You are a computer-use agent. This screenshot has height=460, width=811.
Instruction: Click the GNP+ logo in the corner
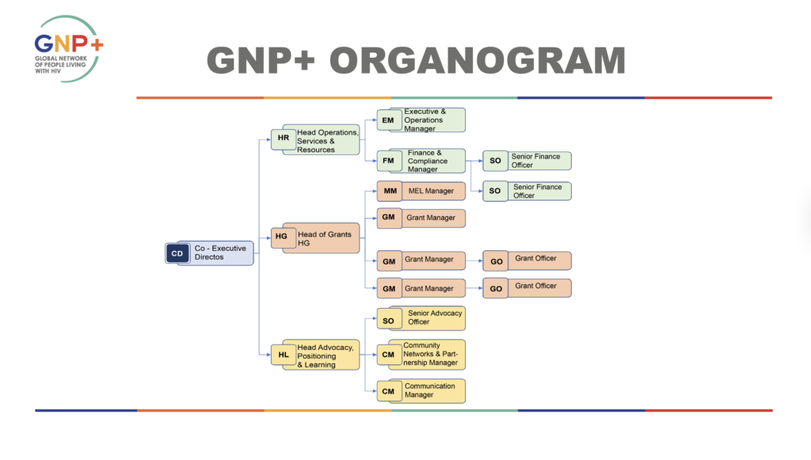click(x=68, y=48)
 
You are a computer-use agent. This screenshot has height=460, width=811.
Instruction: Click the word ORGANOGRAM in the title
click(x=478, y=62)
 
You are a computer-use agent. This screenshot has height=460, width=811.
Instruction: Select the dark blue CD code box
click(x=177, y=253)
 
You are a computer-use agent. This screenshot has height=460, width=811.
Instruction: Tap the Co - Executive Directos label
click(x=220, y=253)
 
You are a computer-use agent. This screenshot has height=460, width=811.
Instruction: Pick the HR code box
click(x=283, y=138)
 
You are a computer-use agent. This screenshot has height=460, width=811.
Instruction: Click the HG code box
click(x=281, y=236)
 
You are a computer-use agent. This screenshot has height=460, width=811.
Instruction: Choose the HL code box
click(x=283, y=355)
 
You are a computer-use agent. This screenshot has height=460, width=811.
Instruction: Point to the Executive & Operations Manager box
click(x=431, y=120)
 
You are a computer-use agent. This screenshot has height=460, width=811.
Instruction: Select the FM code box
click(x=388, y=161)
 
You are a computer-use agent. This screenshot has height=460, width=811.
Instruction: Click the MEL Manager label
click(x=431, y=191)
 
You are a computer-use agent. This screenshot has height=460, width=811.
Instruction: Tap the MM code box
click(x=390, y=191)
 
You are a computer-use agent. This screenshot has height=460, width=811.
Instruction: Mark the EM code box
click(x=387, y=120)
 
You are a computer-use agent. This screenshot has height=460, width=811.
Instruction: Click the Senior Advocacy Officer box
click(x=434, y=317)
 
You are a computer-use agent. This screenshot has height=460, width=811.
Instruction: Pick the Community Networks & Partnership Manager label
click(x=430, y=354)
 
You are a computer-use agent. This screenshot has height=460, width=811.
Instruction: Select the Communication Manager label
click(x=430, y=390)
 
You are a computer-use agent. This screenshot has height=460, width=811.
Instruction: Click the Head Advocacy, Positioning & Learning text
click(x=326, y=355)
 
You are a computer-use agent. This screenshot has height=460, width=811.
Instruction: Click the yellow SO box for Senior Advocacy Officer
click(x=388, y=321)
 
